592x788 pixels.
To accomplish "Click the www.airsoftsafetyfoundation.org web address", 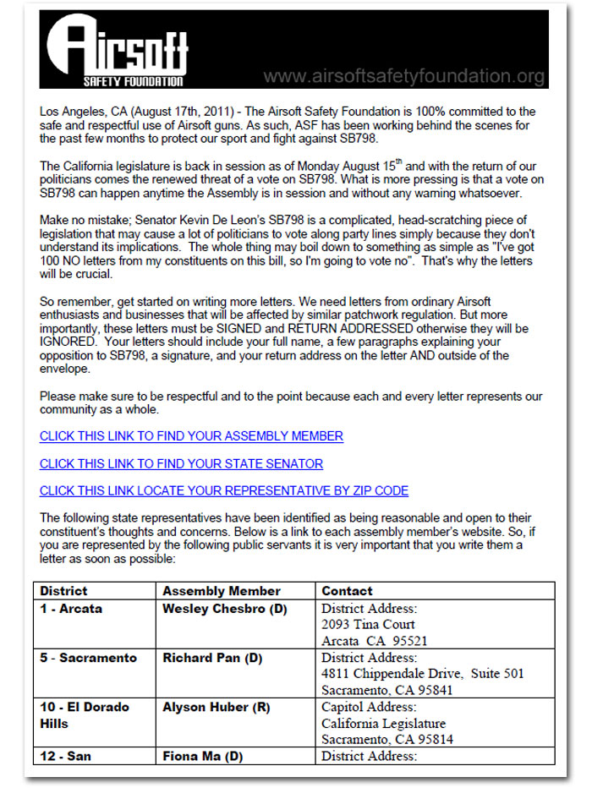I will pos(403,77).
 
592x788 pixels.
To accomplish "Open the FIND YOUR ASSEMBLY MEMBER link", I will pos(191,436).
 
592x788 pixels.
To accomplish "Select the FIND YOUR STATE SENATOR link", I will pos(181,463).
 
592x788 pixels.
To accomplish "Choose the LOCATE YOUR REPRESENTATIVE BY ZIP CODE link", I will pos(223,490).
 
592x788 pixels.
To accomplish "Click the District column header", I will pos(63,591).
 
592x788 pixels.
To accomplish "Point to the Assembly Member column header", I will pos(222,591).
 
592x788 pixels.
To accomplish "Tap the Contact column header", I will pos(347,591).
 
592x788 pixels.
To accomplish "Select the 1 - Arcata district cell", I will pos(71,609).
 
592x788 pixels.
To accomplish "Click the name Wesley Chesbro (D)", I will pos(225,609).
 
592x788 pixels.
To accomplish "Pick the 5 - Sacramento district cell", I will pos(88,658).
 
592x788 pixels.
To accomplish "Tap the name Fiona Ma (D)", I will pos(203,757).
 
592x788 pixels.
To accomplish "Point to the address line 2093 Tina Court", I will pos(368,625).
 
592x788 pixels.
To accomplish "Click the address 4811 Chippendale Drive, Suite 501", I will pos(423,674).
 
